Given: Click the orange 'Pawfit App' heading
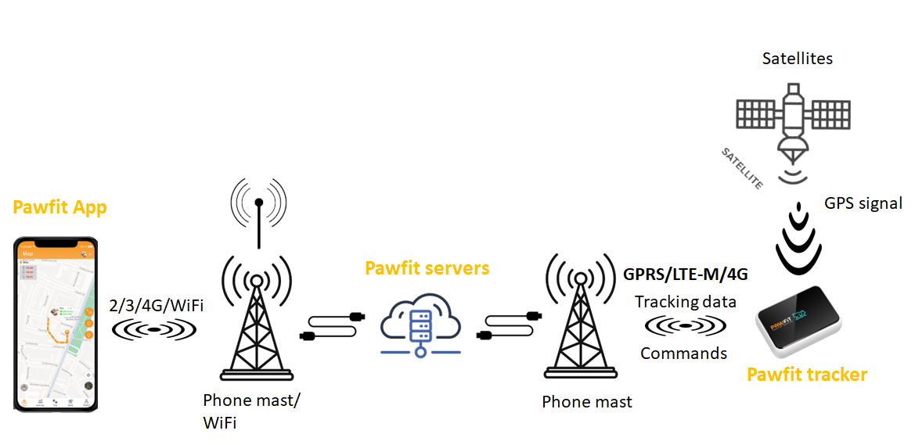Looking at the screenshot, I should click(59, 208).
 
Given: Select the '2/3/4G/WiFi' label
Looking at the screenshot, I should click(155, 305).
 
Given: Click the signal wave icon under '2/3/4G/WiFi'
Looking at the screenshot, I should click(155, 330).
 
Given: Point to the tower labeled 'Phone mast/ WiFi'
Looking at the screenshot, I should click(256, 321).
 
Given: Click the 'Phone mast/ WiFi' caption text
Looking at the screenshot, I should click(251, 411).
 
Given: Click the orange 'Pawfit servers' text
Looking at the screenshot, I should click(427, 268).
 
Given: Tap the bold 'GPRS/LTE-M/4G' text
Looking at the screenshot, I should click(686, 275).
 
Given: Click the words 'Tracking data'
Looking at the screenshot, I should click(686, 301).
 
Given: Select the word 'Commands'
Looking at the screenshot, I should click(683, 353).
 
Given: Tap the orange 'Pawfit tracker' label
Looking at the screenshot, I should click(807, 375).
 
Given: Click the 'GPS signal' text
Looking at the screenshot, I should click(863, 203).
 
